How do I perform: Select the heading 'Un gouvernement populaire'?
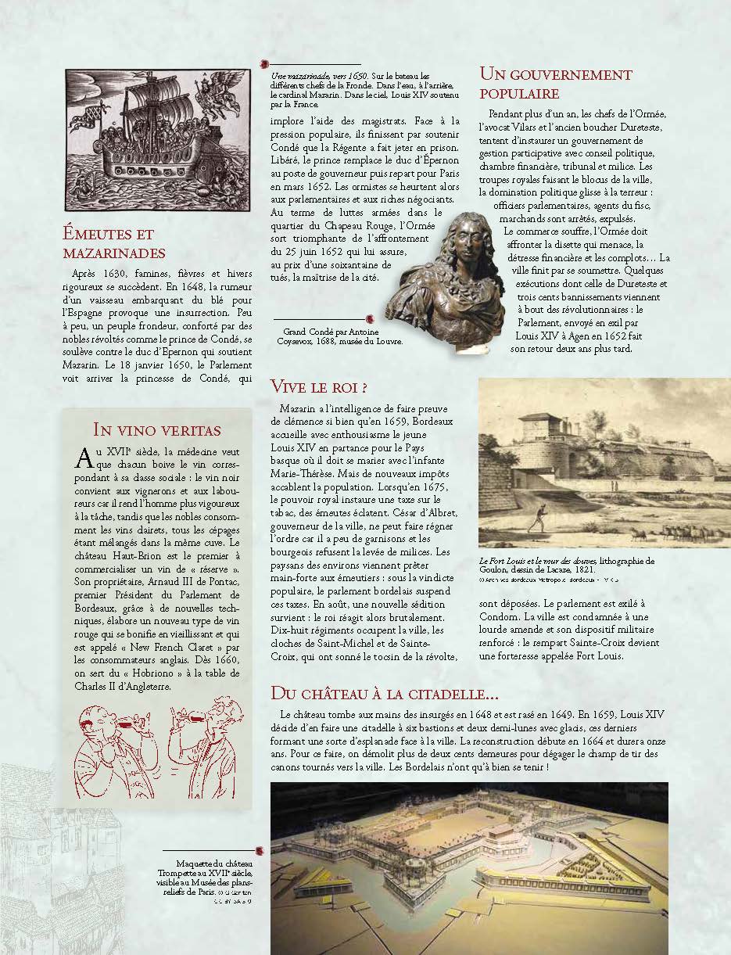555,84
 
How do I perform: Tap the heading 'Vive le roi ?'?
319,386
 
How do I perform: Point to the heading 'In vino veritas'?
156,429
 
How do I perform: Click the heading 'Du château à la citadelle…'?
384,693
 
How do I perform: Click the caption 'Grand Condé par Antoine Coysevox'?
340,336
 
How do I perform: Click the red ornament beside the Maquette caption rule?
260,851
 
